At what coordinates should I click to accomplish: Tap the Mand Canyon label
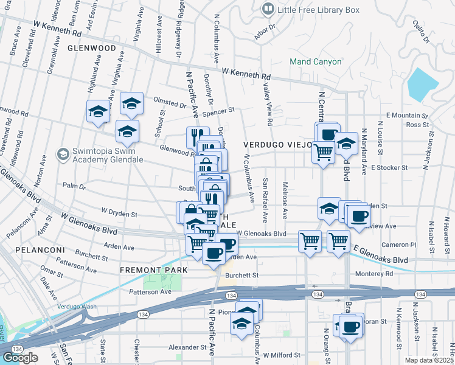(x=315, y=61)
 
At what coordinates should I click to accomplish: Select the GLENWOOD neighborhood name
(x=92, y=47)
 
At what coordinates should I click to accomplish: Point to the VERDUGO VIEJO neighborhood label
(x=278, y=145)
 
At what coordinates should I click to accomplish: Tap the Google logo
(x=20, y=357)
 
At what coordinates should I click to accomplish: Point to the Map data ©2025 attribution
(x=429, y=360)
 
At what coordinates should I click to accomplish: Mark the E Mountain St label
(x=406, y=115)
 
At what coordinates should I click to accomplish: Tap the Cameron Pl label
(x=398, y=245)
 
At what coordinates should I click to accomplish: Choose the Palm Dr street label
(x=73, y=186)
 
